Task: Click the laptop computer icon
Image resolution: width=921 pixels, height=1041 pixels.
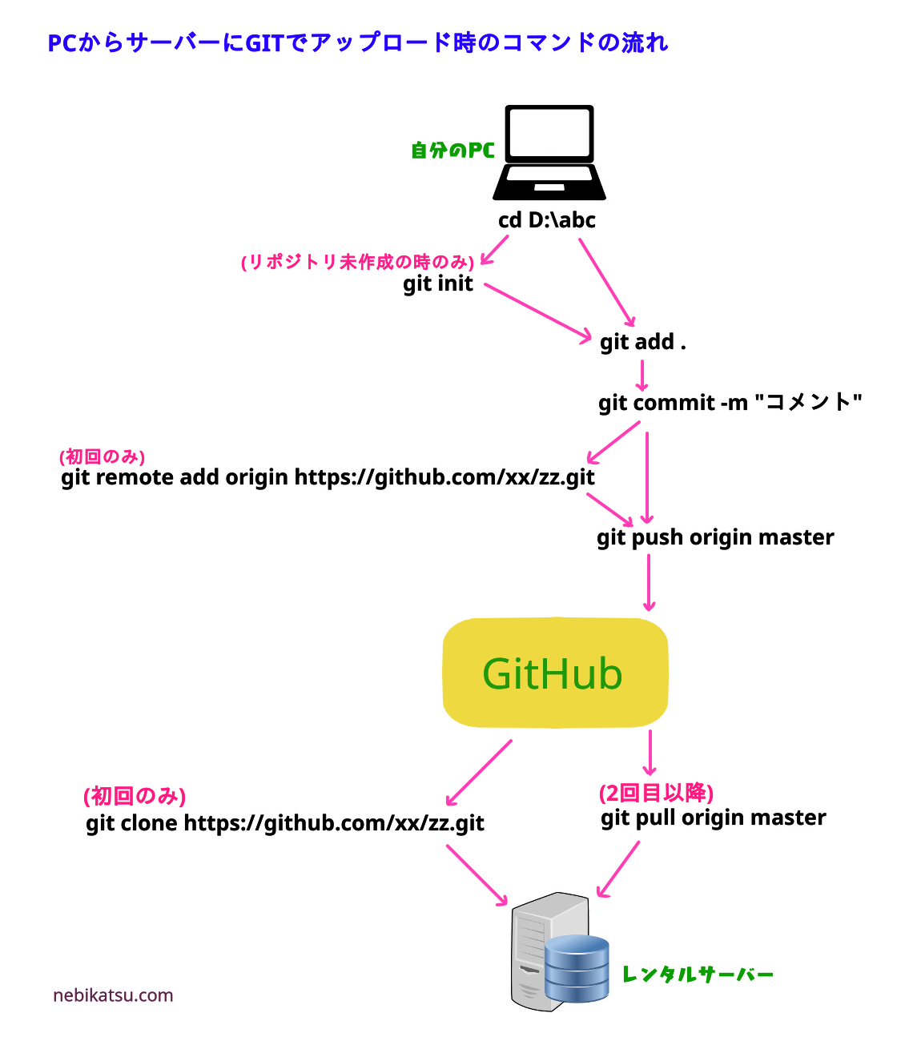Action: [x=549, y=152]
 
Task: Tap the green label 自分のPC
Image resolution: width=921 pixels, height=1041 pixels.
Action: [x=452, y=151]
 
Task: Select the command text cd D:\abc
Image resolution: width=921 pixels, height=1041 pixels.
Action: [x=547, y=220]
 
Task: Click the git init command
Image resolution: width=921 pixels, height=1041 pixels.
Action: [x=438, y=284]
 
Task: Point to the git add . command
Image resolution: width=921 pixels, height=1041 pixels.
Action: [x=642, y=342]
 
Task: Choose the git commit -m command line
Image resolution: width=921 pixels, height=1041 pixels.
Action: [x=730, y=402]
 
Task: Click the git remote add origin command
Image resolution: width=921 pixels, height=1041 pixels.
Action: [x=328, y=478]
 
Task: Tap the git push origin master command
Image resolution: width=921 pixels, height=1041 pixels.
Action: [x=715, y=537]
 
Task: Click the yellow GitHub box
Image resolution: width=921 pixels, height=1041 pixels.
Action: [x=555, y=673]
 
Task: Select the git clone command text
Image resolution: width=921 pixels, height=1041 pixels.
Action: [x=285, y=823]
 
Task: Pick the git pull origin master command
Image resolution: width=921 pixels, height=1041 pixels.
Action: [x=714, y=818]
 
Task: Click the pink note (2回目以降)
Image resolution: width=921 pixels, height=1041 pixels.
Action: [x=656, y=793]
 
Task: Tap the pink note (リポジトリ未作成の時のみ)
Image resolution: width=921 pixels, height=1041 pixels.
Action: [x=357, y=262]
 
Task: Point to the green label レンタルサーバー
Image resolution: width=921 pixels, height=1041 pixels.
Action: [x=698, y=975]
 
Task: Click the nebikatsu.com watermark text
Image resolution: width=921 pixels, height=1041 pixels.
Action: [x=113, y=995]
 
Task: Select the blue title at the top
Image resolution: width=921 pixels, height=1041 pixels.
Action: [x=357, y=42]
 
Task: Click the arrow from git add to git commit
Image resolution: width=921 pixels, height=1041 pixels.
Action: [x=641, y=375]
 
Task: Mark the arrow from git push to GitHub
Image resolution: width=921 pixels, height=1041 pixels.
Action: [x=649, y=582]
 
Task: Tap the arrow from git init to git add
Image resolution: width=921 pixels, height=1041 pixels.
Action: [x=537, y=311]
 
